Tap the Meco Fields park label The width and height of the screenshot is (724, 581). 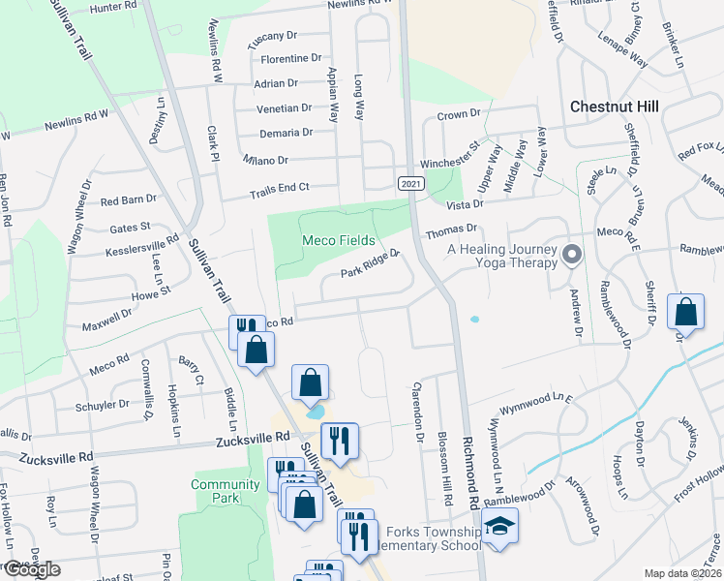[x=338, y=240]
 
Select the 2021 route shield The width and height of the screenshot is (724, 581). [x=410, y=182]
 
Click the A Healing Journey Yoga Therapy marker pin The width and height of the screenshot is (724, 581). [x=571, y=255]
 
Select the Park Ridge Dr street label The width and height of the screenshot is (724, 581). [x=371, y=263]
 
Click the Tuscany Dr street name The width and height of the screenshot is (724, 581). [x=272, y=37]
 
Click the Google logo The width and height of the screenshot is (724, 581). [x=31, y=569]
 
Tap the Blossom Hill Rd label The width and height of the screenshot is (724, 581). [x=446, y=470]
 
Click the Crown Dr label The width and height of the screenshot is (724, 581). [x=459, y=114]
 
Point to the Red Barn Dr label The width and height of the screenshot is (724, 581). [x=129, y=201]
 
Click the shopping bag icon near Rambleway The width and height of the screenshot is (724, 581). [x=686, y=312]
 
